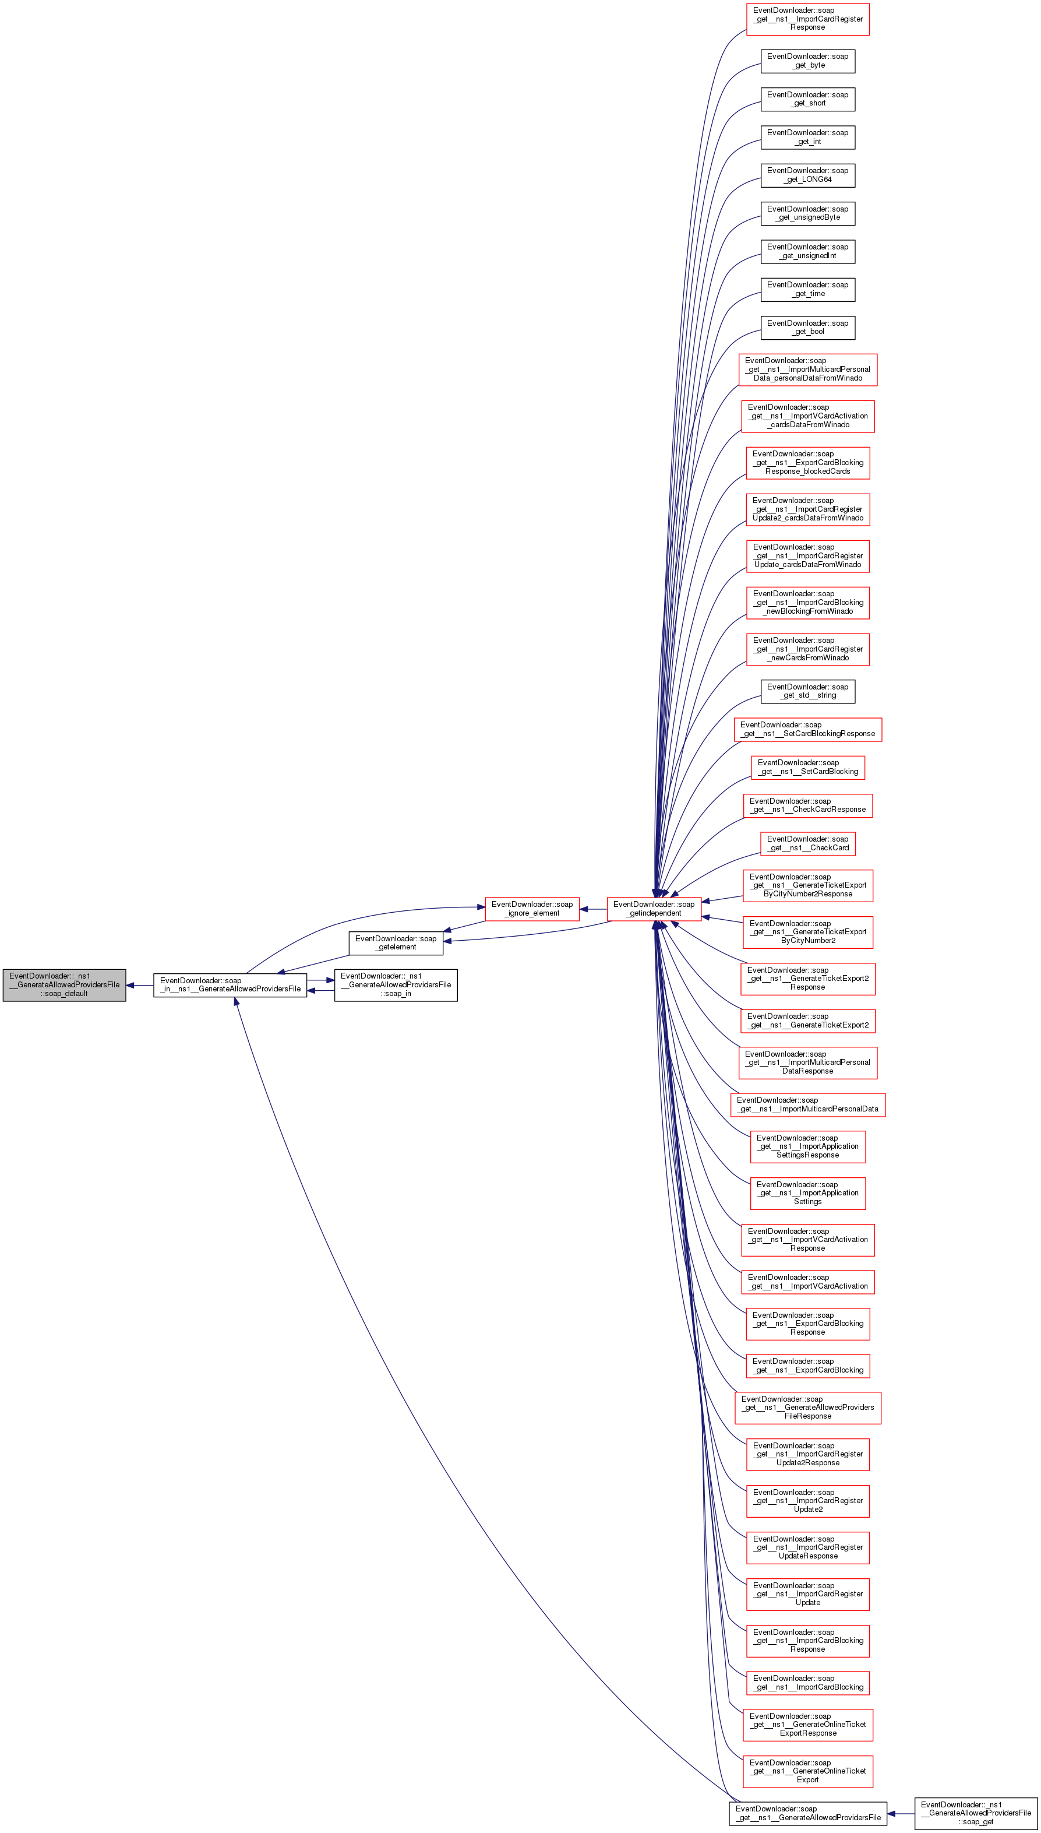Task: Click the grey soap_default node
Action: pyautogui.click(x=64, y=985)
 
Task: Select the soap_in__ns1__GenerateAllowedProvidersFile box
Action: pyautogui.click(x=230, y=985)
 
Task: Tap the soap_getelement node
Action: pyautogui.click(x=396, y=942)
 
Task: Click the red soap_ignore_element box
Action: pyautogui.click(x=532, y=909)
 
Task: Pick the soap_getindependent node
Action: pyautogui.click(x=654, y=909)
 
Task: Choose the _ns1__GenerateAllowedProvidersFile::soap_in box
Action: pyautogui.click(x=396, y=985)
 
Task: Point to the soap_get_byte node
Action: pyautogui.click(x=808, y=61)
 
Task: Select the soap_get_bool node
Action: pyautogui.click(x=808, y=328)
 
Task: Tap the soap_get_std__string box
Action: pyautogui.click(x=808, y=691)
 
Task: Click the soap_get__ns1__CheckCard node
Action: pyautogui.click(x=808, y=844)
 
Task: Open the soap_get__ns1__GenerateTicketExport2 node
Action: pyautogui.click(x=808, y=1021)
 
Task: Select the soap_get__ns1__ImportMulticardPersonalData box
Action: pyautogui.click(x=808, y=1104)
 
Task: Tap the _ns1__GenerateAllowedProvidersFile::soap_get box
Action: pyautogui.click(x=976, y=1814)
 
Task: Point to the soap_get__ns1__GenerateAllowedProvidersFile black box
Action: pyautogui.click(x=808, y=1814)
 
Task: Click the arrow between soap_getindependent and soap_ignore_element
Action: pyautogui.click(x=594, y=909)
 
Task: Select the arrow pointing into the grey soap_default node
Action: pyautogui.click(x=139, y=986)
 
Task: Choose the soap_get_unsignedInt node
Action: pyautogui.click(x=808, y=251)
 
